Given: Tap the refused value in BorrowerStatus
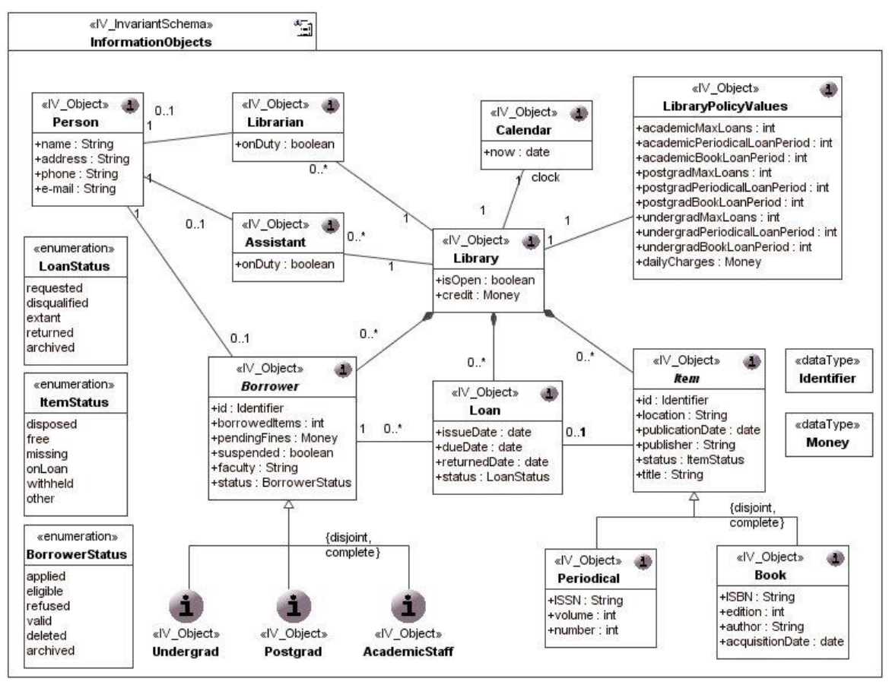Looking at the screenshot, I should [x=47, y=606].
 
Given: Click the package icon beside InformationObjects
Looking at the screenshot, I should [x=304, y=29].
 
